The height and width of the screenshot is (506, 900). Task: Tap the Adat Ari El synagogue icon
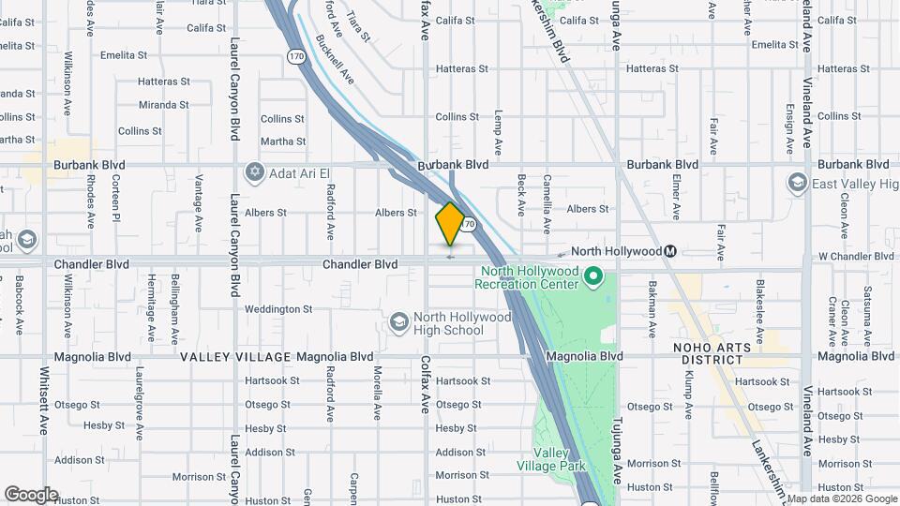(254, 173)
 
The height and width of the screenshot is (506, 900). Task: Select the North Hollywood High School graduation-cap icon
(398, 322)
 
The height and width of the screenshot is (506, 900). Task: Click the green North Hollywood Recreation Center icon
(592, 276)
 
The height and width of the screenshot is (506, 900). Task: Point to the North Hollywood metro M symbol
(670, 251)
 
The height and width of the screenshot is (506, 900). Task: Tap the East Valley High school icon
(798, 182)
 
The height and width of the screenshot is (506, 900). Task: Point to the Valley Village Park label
(551, 457)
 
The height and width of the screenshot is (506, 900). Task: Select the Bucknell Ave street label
(335, 58)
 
